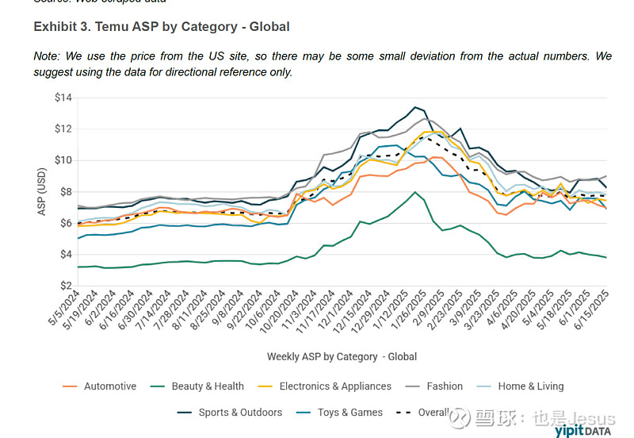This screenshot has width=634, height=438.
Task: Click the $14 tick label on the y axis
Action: point(63,98)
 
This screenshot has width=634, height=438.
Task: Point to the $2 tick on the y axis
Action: point(65,286)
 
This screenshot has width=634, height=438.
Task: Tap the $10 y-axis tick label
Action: point(63,160)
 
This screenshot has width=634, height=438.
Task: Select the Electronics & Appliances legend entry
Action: point(333,386)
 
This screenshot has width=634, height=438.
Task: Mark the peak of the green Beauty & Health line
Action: point(414,192)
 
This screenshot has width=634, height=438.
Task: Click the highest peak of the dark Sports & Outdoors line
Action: point(414,107)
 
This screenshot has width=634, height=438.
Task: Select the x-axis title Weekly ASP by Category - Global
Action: point(342,356)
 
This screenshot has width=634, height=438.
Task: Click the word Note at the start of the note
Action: point(47,56)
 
